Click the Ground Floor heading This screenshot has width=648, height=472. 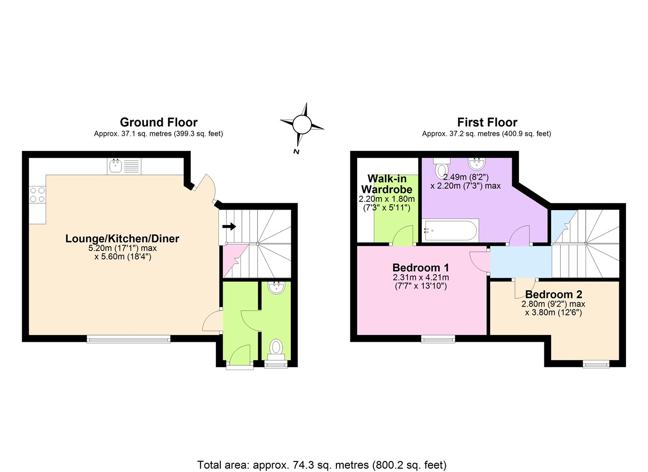[158, 122]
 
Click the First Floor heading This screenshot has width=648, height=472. [487, 122]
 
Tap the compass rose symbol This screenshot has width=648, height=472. [302, 125]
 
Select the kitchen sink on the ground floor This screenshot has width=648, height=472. [115, 166]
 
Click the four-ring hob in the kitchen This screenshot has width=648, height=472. [37, 195]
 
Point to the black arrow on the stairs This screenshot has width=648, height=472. [229, 226]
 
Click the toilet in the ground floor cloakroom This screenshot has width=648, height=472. [276, 348]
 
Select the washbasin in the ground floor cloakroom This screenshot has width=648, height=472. [276, 288]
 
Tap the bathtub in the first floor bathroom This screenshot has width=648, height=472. [450, 231]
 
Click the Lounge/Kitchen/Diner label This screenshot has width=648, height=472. [122, 238]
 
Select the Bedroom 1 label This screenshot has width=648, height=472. [420, 268]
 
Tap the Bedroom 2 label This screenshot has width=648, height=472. [553, 294]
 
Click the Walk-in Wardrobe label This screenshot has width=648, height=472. [386, 184]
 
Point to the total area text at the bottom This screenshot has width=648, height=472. [322, 465]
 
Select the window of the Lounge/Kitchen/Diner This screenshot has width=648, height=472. [129, 339]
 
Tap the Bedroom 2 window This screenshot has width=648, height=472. [596, 364]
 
